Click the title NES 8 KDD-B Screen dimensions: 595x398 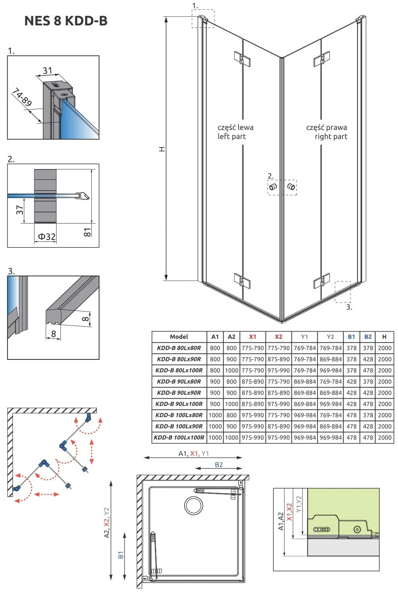pyautogui.click(x=66, y=21)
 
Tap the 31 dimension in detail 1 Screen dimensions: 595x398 pyautogui.click(x=47, y=71)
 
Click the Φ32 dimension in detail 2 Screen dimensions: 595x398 pyautogui.click(x=47, y=237)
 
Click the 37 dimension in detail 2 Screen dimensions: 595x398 pyautogui.click(x=20, y=209)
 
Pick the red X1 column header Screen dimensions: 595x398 pyautogui.click(x=253, y=337)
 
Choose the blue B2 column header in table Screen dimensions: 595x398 pyautogui.click(x=368, y=337)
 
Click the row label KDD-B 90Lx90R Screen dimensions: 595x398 pyautogui.click(x=179, y=393)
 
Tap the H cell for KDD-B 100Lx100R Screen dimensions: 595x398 pyautogui.click(x=385, y=437)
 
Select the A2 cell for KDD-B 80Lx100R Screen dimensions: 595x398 pyautogui.click(x=232, y=370)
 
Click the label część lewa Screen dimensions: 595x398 pyautogui.click(x=236, y=128)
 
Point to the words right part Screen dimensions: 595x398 pyautogui.click(x=331, y=137)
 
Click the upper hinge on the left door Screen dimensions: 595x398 pyautogui.click(x=242, y=58)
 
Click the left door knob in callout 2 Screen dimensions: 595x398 pyautogui.click(x=273, y=187)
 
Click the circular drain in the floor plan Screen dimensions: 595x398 pyautogui.click(x=194, y=505)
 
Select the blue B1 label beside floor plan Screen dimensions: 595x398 pyautogui.click(x=121, y=555)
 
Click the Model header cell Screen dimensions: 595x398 pyautogui.click(x=179, y=337)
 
